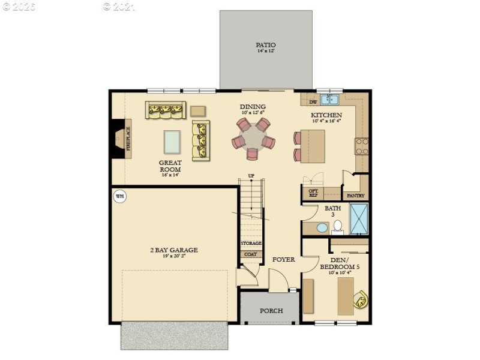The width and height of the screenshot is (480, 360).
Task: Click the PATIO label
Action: [266, 45]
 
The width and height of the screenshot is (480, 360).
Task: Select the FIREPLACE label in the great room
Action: [128, 137]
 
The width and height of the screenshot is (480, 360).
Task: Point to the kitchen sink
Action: [329, 99]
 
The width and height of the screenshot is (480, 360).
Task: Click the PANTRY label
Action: [355, 196]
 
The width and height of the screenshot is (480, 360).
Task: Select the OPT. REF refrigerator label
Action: [313, 193]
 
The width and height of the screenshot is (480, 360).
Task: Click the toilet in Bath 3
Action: [337, 226]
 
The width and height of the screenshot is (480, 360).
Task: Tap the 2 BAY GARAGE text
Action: [173, 250]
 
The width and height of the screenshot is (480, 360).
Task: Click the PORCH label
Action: [271, 311]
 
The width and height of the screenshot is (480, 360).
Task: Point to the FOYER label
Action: [283, 260]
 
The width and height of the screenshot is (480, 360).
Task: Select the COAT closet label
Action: [250, 254]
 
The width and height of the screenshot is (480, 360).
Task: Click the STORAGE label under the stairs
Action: [251, 243]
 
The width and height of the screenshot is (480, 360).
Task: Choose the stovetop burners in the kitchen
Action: [362, 146]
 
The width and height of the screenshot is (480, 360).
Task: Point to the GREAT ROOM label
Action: [170, 166]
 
